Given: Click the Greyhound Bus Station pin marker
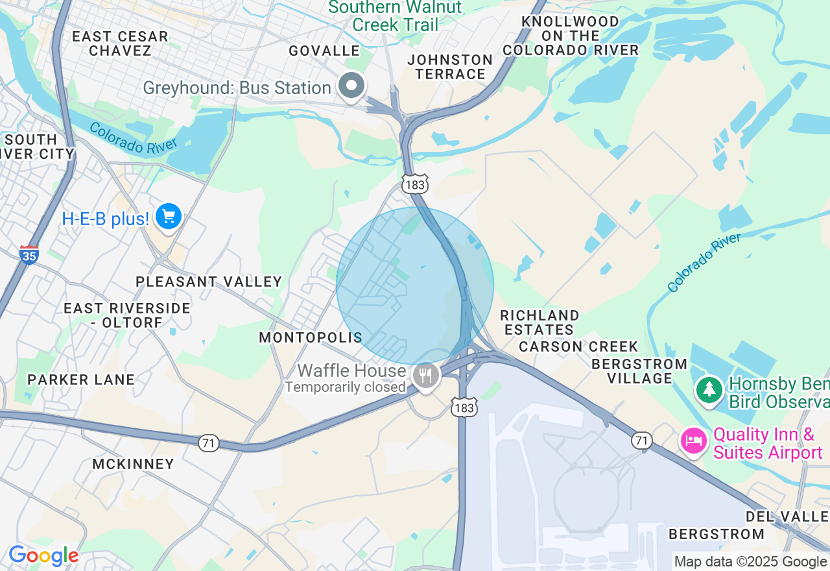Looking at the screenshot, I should coord(352,86).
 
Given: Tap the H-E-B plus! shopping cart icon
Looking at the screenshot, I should coord(169,216).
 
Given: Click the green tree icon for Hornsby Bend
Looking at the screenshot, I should coord(710,389).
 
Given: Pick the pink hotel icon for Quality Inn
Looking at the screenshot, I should coord(693,441).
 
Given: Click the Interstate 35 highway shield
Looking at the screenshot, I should coord(29,254).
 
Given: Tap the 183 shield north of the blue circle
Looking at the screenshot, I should coord(414,184).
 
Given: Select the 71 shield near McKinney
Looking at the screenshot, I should coord(209,443).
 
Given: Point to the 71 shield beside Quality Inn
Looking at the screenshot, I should coord(641,441).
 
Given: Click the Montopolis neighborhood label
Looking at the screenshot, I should coord(311,337).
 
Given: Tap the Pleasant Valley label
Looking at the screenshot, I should coord(209,282).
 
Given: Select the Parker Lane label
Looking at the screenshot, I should coord(81,380).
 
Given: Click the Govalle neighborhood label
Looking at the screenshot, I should coord(324,51).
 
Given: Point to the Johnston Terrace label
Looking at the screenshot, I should coord(450,67).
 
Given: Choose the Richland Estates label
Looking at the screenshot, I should coord(539,322).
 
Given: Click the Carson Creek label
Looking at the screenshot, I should coord(578,346).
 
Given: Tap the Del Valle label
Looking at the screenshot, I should coord(787,516).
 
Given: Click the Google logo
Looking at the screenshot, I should coord(43,556).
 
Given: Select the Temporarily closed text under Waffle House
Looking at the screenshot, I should coord(345,387).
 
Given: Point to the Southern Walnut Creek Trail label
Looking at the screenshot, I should coord(395,16).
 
